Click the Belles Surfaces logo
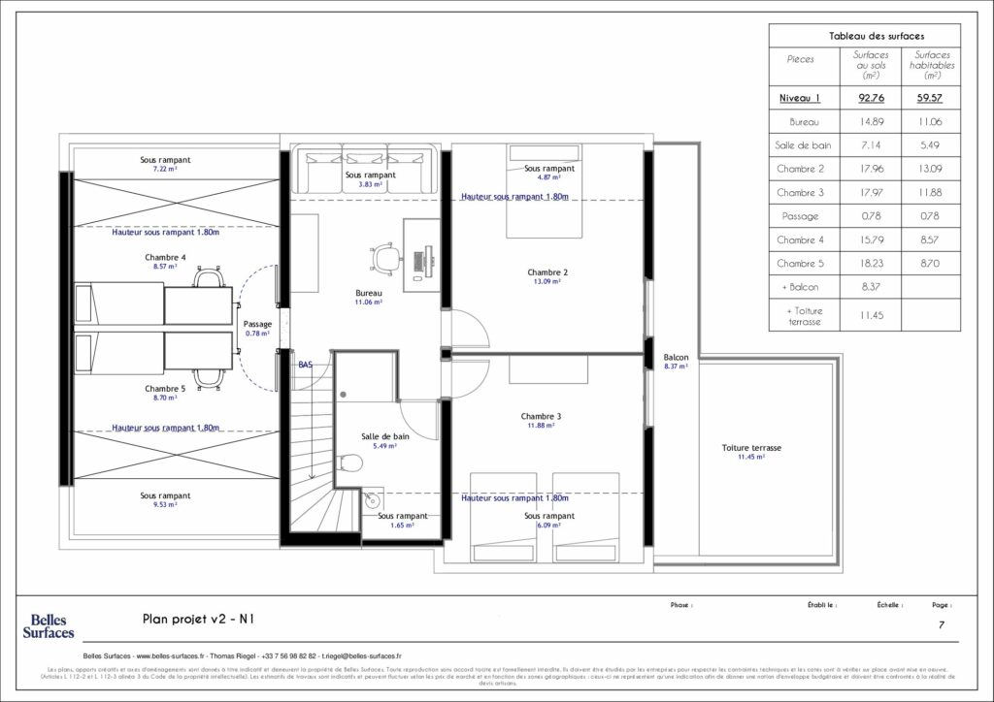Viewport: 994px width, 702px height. point(49,625)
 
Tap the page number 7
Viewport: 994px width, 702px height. point(941,625)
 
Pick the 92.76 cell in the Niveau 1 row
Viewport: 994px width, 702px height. point(870,98)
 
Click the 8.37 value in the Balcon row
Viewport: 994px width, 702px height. point(870,287)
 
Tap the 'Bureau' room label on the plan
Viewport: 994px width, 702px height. point(368,293)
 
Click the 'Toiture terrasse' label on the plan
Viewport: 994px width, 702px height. point(751,448)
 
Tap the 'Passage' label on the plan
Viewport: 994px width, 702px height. point(257,324)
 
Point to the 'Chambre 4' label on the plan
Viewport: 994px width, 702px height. point(165,258)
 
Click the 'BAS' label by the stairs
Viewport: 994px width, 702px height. point(306,365)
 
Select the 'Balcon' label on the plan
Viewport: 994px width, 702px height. point(676,357)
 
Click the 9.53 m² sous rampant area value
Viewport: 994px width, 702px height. point(164,505)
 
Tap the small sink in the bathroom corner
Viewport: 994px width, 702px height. point(370,501)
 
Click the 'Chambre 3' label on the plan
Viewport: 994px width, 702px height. point(540,416)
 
